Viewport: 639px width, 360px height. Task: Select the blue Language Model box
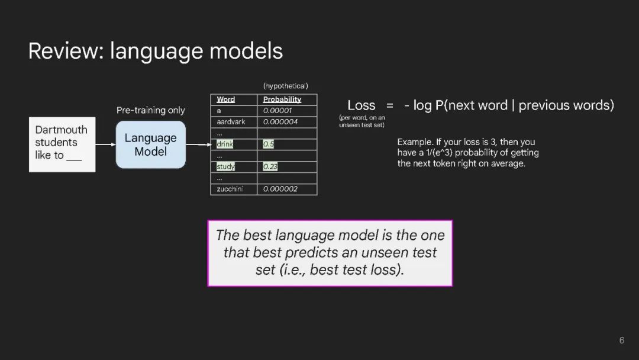tap(151, 144)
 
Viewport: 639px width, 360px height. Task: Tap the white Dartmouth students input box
tap(62, 144)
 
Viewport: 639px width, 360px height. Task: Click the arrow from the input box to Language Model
tap(105, 144)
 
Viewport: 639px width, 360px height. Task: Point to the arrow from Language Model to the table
tap(199, 144)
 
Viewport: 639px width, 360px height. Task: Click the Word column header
tap(226, 99)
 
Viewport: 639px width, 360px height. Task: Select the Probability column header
tap(282, 99)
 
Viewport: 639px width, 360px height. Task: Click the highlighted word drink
tap(225, 144)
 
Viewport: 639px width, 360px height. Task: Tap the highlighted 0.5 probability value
tap(269, 144)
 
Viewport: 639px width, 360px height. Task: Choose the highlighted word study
tap(226, 166)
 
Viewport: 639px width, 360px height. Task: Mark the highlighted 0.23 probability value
tap(270, 166)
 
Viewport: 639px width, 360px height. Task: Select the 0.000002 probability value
tap(280, 189)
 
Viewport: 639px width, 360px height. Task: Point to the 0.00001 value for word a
tap(277, 111)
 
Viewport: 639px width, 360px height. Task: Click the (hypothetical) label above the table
tap(286, 86)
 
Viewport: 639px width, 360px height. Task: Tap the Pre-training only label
tap(151, 110)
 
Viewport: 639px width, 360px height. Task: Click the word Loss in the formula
tap(362, 105)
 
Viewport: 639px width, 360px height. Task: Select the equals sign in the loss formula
tap(389, 105)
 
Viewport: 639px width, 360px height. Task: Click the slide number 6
tap(621, 340)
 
